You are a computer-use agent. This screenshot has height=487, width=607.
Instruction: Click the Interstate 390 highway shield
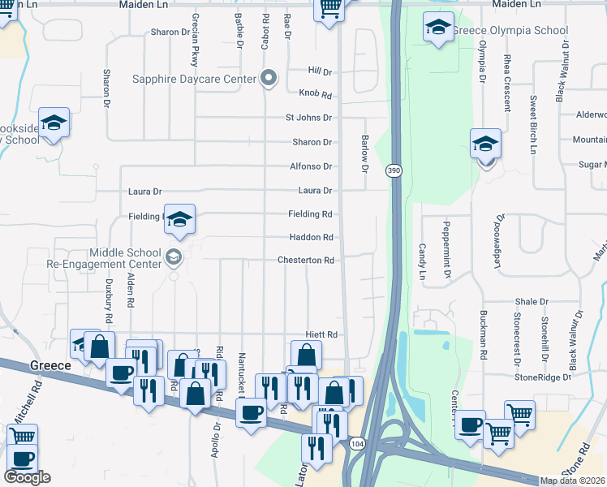pyautogui.click(x=394, y=170)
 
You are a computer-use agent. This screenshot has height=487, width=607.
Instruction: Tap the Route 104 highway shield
pyautogui.click(x=358, y=444)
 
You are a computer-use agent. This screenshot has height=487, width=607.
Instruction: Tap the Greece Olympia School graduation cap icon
pyautogui.click(x=438, y=28)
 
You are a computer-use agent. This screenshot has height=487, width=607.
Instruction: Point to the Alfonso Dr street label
pyautogui.click(x=312, y=166)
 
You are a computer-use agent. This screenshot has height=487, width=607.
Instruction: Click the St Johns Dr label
pyautogui.click(x=308, y=118)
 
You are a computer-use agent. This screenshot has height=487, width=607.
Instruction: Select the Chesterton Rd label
pyautogui.click(x=306, y=261)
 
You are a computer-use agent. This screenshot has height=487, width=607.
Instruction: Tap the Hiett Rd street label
pyautogui.click(x=321, y=334)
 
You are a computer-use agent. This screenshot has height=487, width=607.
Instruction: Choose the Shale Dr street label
pyautogui.click(x=532, y=301)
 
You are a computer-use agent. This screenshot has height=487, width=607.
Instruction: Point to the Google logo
pyautogui.click(x=27, y=477)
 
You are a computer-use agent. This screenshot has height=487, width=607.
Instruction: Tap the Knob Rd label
pyautogui.click(x=316, y=94)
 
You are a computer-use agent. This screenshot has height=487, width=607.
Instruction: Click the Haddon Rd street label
pyautogui.click(x=312, y=238)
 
